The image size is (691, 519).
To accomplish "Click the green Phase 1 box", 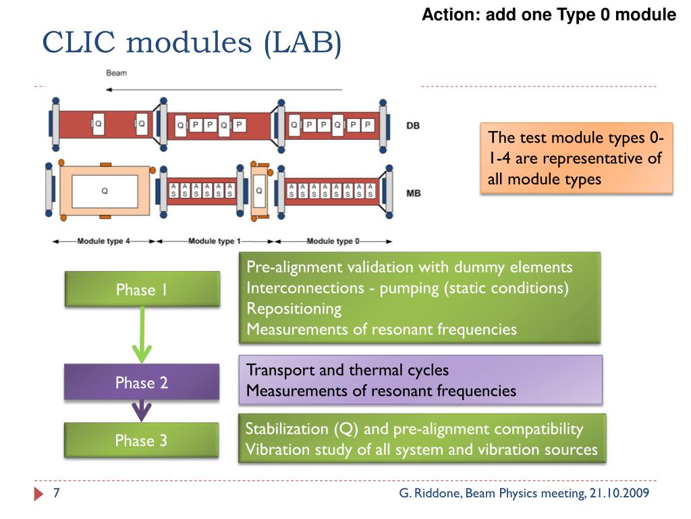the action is [142, 289].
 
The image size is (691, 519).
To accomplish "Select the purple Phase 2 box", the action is [142, 382].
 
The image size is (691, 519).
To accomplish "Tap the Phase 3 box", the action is [142, 440].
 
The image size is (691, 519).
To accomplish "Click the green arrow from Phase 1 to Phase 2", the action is [142, 335].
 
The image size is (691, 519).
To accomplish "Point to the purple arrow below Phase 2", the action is [142, 411].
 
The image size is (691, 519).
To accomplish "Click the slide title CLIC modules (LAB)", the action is [192, 43].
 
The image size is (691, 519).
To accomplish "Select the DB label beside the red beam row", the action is [413, 126].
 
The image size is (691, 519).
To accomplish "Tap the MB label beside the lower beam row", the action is [414, 193].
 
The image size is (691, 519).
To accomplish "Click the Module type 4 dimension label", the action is [103, 241].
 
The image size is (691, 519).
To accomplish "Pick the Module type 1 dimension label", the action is [215, 241].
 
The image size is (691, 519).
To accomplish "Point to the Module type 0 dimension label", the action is [333, 241].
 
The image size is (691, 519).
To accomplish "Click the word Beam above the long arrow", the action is [116, 73].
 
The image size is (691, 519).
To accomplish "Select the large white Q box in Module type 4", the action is [105, 191].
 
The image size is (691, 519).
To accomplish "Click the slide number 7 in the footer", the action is [57, 493].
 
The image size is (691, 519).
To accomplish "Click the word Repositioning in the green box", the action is [294, 308].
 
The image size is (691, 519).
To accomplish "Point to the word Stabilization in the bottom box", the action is [287, 428].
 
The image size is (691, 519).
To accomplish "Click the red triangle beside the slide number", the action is [38, 494].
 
